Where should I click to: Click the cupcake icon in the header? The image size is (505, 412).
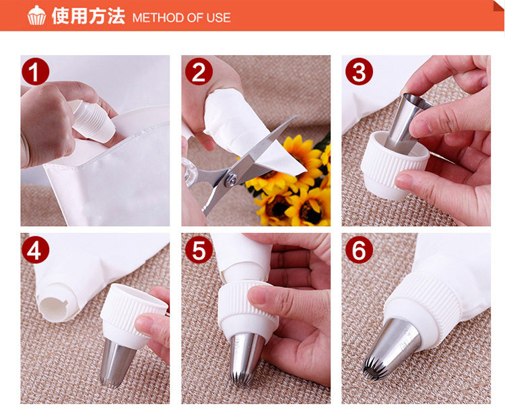(x=37, y=15)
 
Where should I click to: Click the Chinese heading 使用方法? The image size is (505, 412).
(x=88, y=16)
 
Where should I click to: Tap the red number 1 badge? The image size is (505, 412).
(x=36, y=71)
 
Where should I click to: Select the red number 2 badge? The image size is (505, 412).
(x=199, y=71)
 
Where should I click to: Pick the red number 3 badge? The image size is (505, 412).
(x=359, y=71)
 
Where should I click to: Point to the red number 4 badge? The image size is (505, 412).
(x=36, y=250)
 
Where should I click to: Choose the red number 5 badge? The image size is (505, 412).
(x=199, y=250)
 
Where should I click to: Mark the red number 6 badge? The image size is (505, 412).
(x=359, y=250)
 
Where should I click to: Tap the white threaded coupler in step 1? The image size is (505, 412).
(x=92, y=120)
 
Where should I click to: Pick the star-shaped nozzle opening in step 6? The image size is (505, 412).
(x=374, y=369)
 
